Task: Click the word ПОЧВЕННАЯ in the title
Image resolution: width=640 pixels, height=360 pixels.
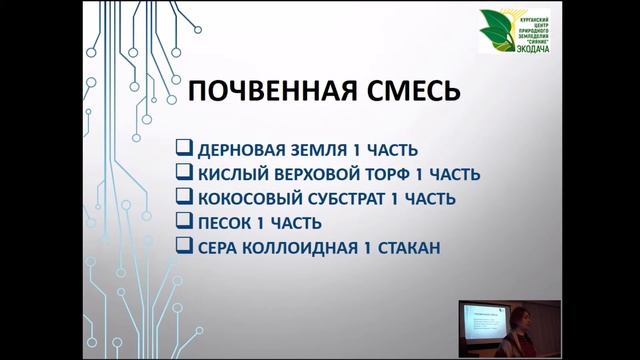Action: (264, 94)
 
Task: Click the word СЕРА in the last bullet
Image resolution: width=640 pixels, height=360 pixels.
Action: (218, 245)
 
